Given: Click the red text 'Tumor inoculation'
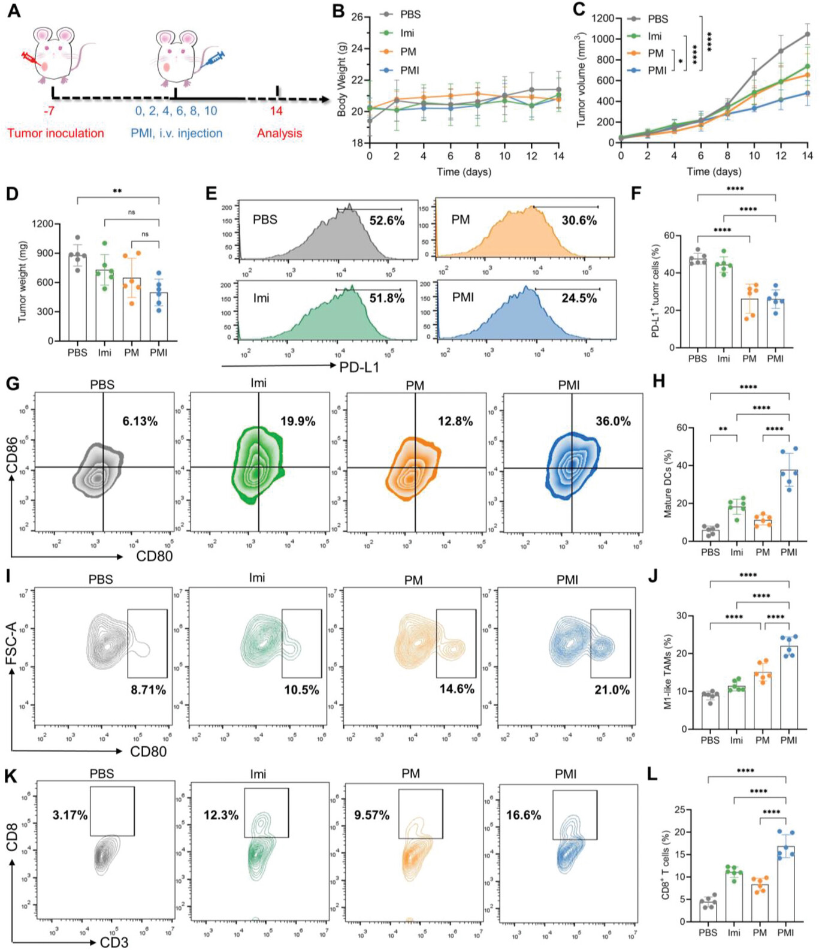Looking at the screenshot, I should tap(56, 133).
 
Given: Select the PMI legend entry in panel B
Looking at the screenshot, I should tap(409, 71).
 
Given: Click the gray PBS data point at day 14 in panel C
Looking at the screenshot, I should tap(808, 34).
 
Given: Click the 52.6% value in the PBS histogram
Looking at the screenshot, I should tap(386, 221).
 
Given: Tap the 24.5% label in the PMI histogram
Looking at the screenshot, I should tap(579, 298).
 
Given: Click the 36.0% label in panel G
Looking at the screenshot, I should tap(613, 421).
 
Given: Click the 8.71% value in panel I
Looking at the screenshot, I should tap(149, 690).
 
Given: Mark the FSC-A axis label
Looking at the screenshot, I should tap(12, 643).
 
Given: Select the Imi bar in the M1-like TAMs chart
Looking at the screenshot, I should tap(736, 707).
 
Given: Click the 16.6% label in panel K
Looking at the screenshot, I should tap(524, 815).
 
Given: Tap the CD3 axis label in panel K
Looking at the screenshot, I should tap(114, 943).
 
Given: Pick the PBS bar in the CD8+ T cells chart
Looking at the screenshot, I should tap(708, 911).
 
